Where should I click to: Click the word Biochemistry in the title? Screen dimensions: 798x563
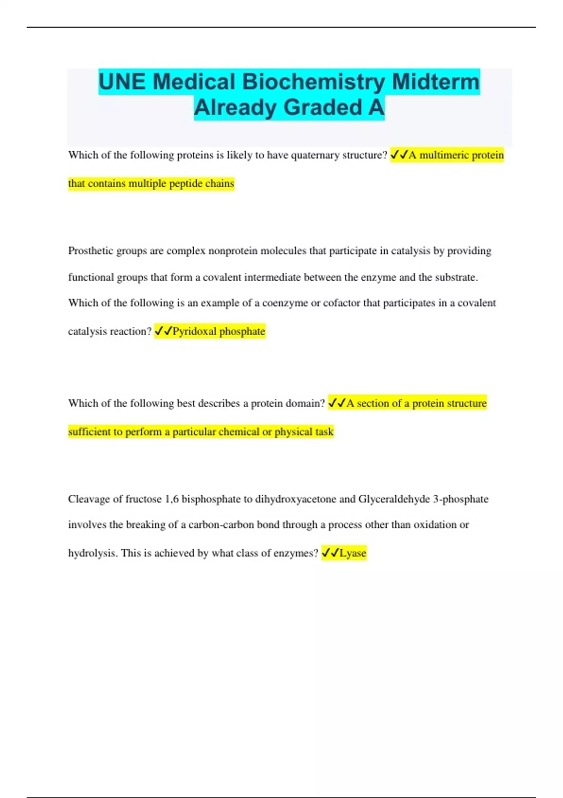[314, 82]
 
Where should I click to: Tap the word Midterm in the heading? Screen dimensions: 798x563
[436, 82]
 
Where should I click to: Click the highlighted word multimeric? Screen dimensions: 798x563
[438, 155]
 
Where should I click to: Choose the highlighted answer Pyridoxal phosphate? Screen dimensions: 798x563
[219, 331]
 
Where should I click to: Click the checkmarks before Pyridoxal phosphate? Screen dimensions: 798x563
[163, 331]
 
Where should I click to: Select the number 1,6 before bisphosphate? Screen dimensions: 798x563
[172, 499]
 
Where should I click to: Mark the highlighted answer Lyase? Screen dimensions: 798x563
[353, 553]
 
